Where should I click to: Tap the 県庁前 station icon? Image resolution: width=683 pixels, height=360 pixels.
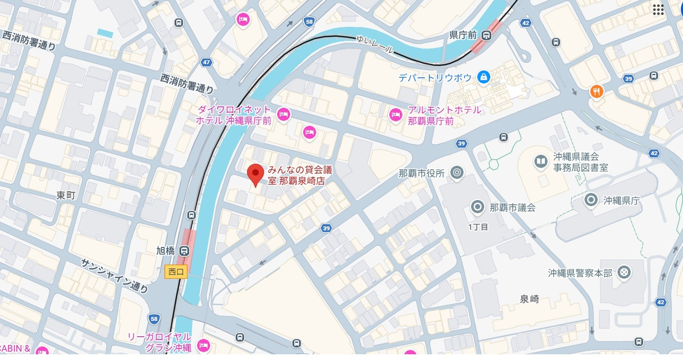[486, 35]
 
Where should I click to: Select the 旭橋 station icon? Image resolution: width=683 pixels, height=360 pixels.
[184, 251]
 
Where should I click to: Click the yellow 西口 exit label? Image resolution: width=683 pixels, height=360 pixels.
[176, 272]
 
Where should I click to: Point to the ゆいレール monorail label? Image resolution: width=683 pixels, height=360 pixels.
[375, 44]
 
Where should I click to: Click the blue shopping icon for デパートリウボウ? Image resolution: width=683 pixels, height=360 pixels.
[483, 77]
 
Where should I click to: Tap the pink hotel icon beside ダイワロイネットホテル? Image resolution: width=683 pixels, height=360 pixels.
[284, 115]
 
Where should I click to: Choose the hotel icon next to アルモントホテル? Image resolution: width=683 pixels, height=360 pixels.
[396, 115]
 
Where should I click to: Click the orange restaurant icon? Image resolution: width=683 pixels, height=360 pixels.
[596, 91]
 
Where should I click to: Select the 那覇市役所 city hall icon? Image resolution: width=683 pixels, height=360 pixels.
[457, 173]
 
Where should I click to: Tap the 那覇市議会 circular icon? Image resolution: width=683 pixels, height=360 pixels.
[477, 207]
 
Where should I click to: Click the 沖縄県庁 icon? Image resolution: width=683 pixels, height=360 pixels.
[591, 200]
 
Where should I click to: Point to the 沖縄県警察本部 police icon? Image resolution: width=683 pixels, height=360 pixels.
[623, 273]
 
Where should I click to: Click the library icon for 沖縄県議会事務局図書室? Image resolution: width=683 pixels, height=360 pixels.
[541, 162]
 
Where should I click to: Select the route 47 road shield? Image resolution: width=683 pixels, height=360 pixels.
[206, 62]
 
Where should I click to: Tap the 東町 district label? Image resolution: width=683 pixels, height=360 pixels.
[66, 196]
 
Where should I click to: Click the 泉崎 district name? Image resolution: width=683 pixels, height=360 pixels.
[529, 299]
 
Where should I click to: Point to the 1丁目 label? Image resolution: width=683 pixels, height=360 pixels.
[478, 227]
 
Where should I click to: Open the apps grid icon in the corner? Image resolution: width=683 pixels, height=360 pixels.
[658, 10]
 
